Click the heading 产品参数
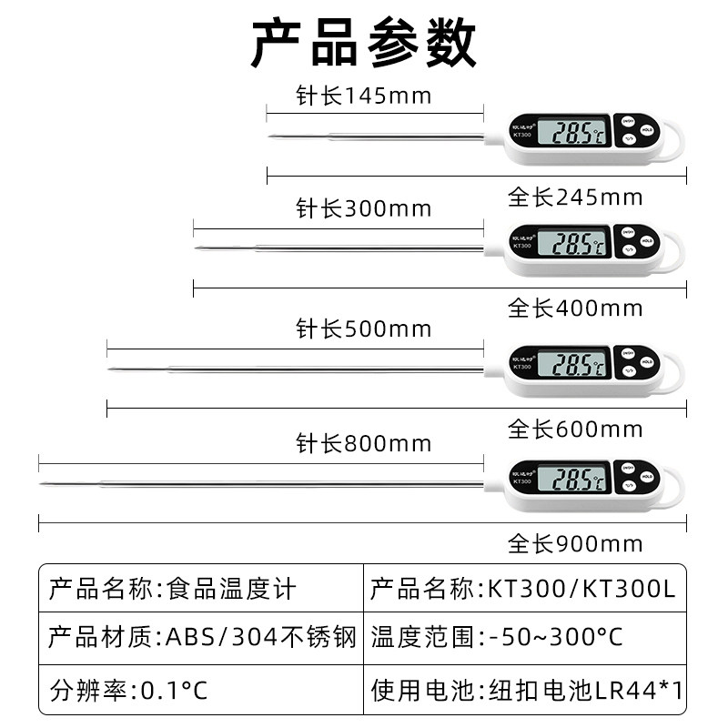click(363, 43)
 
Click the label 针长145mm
click(363, 95)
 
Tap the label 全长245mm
click(575, 197)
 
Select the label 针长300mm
click(363, 209)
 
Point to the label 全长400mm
click(575, 308)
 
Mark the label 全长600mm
click(575, 429)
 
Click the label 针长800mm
click(363, 444)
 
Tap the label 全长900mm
click(575, 544)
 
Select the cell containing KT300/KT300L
click(523, 589)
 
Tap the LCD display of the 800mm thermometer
click(571, 479)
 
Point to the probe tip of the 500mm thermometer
click(111, 369)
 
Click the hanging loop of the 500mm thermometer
click(672, 373)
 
